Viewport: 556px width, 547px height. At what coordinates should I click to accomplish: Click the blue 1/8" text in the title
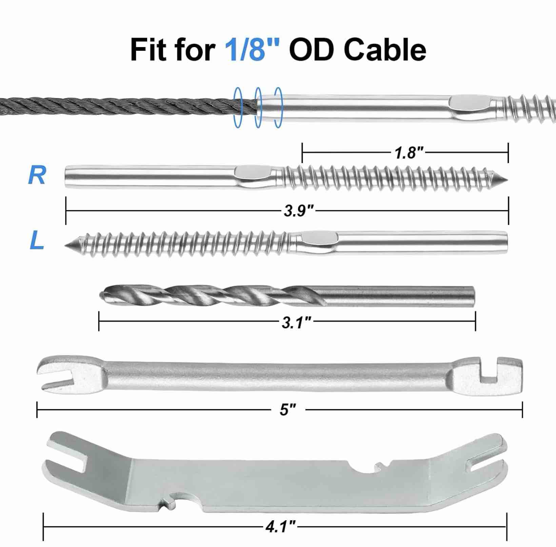pos(252,49)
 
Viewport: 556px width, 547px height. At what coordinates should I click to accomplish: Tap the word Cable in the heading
pos(385,49)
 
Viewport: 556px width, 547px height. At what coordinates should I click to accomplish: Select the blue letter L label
pos(37,241)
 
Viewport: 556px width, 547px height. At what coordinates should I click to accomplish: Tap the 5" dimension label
pos(288,410)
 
